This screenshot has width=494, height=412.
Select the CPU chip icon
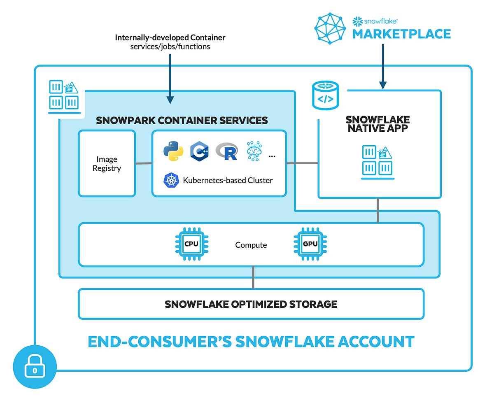(191, 244)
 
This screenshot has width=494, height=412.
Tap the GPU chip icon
(310, 244)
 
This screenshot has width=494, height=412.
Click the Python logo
(173, 151)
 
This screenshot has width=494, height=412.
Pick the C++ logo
(199, 151)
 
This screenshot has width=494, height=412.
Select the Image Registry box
(107, 163)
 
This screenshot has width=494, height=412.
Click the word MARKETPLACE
(401, 34)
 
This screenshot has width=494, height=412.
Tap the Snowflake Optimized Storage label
(251, 304)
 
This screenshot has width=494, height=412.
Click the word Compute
(251, 245)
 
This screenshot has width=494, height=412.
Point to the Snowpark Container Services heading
(182, 120)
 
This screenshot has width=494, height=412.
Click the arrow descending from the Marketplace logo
(383, 66)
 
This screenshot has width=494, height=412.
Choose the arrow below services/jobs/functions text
(170, 78)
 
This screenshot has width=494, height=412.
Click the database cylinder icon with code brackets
(326, 95)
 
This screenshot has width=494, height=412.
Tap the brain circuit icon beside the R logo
(254, 151)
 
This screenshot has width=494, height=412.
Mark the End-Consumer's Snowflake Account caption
(251, 342)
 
